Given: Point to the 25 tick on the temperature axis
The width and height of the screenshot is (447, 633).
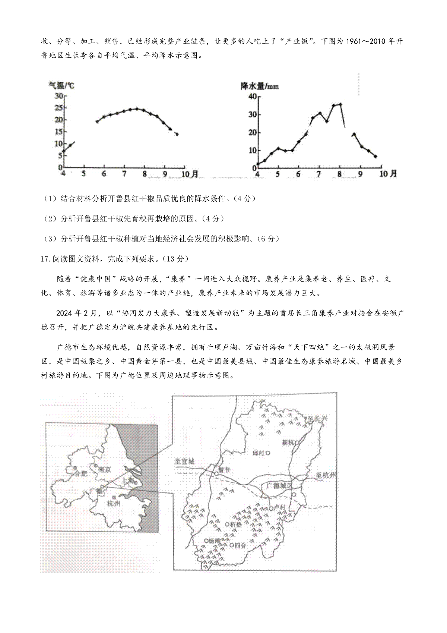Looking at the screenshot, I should point(58,108).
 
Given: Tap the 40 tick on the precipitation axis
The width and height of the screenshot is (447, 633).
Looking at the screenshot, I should point(253,97).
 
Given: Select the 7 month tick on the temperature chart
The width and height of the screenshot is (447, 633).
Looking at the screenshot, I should point(124,174).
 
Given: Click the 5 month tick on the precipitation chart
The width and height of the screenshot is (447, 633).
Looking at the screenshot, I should point(278,174).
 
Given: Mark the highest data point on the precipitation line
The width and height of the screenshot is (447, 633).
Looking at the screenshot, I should point(340,104).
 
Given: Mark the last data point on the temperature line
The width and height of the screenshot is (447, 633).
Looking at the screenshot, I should point(177,134).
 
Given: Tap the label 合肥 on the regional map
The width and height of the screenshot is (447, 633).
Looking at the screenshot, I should point(81,473).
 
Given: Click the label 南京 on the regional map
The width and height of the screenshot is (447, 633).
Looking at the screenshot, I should point(104,470).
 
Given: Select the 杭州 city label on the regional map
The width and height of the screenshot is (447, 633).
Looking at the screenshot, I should point(113,504).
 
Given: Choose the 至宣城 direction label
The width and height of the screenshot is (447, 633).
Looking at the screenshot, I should point(185,461).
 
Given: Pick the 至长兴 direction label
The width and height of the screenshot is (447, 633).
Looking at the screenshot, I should point(317,419).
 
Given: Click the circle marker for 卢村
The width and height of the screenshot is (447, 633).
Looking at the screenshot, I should point(270,508).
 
